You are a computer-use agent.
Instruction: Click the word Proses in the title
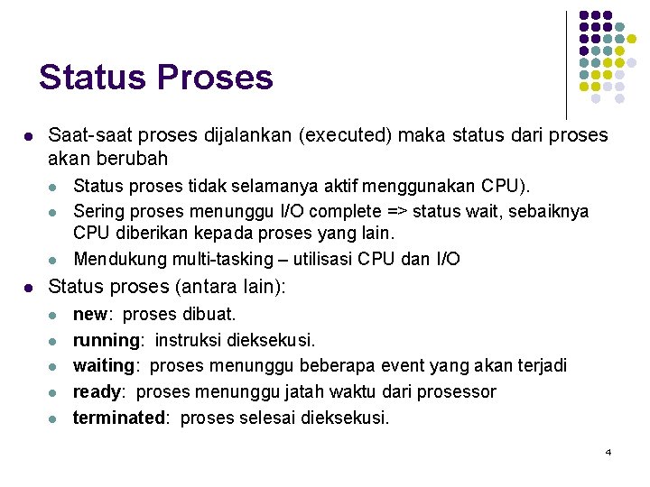(x=215, y=78)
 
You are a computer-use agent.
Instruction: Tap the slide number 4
(x=608, y=451)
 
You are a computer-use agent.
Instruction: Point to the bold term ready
(x=97, y=392)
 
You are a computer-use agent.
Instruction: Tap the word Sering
(x=97, y=212)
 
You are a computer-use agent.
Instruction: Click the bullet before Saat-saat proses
(x=29, y=137)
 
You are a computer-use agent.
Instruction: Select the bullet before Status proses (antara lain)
(x=29, y=289)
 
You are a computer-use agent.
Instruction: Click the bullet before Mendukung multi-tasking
(x=55, y=260)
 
